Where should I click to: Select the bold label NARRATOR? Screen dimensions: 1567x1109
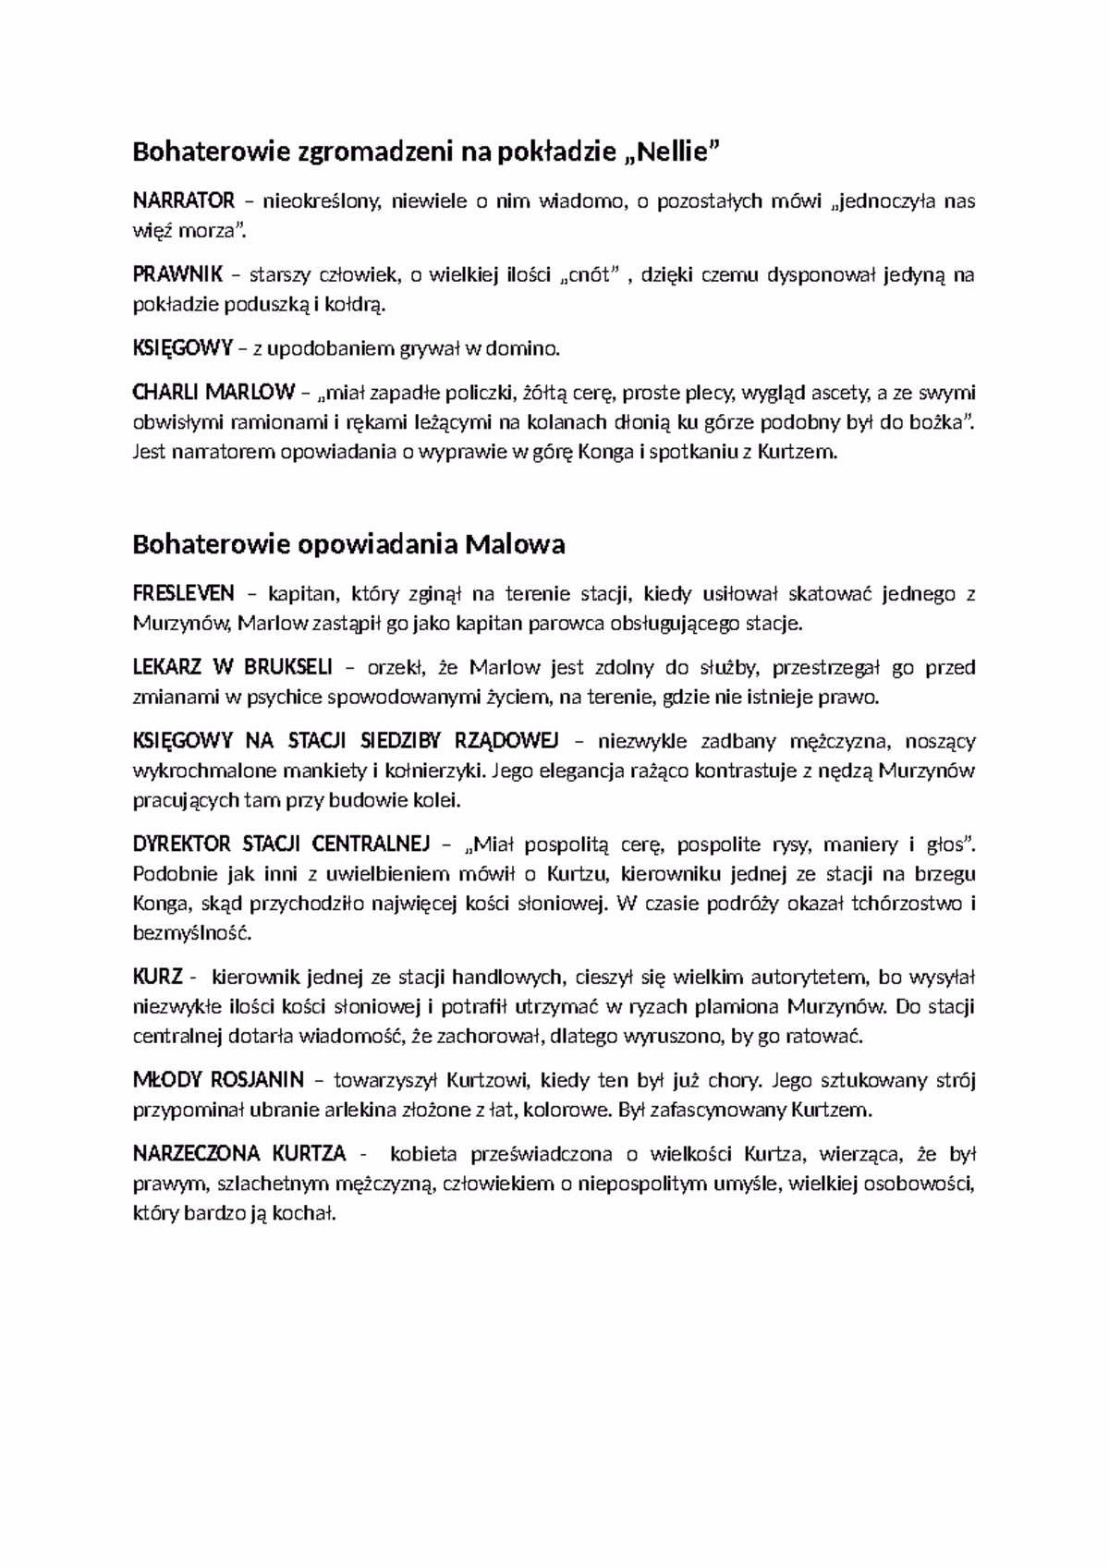184,200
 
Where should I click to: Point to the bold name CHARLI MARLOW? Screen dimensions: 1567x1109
213,393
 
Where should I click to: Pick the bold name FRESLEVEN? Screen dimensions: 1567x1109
184,593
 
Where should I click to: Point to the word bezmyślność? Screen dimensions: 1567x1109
192,933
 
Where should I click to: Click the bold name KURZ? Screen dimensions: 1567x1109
158,978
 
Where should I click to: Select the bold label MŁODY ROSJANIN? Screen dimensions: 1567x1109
218,1080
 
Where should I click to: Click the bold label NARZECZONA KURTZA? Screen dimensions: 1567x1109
239,1154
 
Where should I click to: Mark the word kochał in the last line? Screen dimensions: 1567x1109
309,1213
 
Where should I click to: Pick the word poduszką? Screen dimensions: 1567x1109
264,305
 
